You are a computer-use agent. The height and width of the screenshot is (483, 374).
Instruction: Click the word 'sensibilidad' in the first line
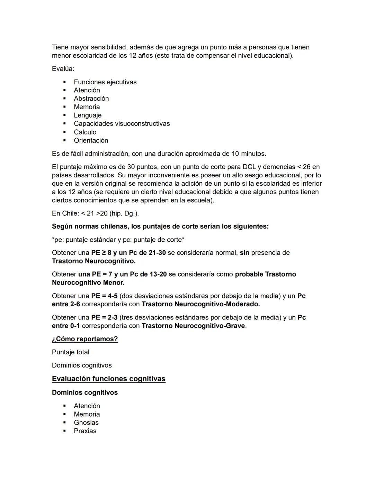point(108,47)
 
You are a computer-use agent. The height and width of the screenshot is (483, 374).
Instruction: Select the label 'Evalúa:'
point(63,69)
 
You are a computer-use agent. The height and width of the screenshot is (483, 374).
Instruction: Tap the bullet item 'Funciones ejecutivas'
point(105,82)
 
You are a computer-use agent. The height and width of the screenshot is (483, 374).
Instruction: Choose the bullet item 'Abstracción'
point(91,99)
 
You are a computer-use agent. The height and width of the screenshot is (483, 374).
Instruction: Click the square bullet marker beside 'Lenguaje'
point(64,115)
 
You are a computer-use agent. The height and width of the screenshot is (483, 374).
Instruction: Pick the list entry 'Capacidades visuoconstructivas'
point(122,124)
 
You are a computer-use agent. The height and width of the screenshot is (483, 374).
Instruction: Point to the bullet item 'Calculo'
point(85,132)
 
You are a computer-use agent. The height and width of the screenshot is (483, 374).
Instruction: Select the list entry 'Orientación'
point(91,141)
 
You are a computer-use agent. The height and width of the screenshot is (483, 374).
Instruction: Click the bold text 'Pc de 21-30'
point(147,253)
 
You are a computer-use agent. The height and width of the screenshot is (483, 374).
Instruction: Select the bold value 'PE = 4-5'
point(104,296)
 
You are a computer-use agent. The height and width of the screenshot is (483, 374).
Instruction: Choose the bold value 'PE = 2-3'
point(104,318)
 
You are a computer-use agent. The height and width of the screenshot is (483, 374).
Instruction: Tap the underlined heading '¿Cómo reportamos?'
point(85,339)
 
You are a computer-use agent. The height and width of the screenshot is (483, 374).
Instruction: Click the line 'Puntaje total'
point(71,352)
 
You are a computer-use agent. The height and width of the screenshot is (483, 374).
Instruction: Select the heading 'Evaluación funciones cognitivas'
point(108,379)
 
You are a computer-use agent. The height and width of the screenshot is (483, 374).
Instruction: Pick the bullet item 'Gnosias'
point(86,423)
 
